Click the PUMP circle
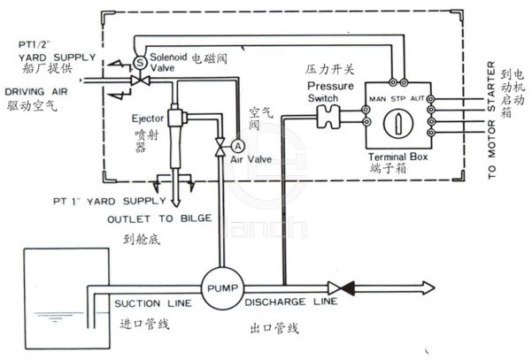pos(217,287)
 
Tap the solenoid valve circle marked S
pos(139,60)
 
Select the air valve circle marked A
pos(237,145)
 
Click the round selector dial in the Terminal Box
pos(397,121)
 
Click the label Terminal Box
pos(397,157)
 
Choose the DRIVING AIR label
pos(34,91)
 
